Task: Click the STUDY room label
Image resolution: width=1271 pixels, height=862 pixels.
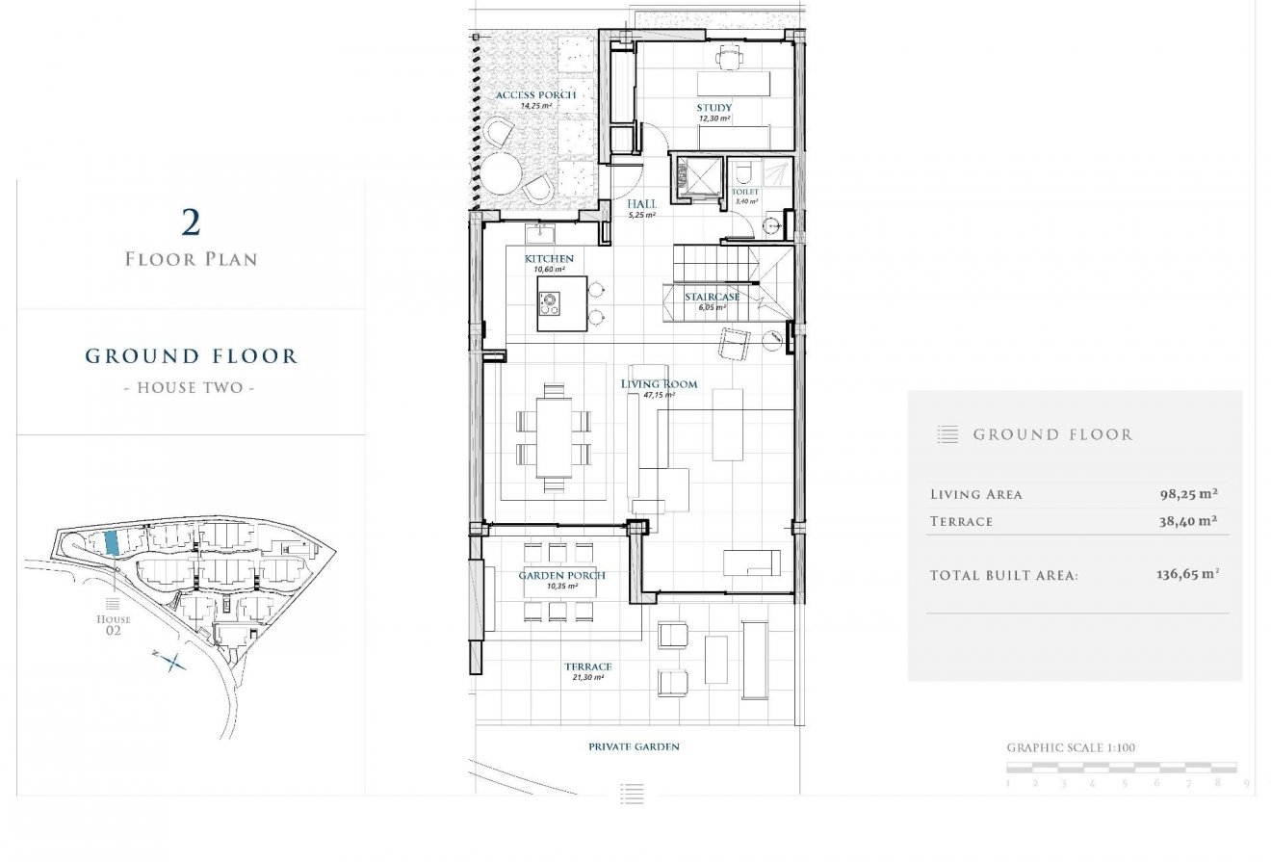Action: [x=714, y=108]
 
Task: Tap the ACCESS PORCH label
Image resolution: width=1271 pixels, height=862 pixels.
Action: [x=535, y=95]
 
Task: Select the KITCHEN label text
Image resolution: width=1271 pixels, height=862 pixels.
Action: [x=549, y=259]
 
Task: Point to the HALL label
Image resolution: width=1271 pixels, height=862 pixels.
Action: [x=641, y=204]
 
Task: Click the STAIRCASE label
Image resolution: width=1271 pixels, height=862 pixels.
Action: [x=713, y=297]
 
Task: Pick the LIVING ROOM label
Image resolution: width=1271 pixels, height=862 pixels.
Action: [x=660, y=384]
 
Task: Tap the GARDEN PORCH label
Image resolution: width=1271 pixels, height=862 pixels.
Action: [x=562, y=576]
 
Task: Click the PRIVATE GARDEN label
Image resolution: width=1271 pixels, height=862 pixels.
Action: [x=634, y=746]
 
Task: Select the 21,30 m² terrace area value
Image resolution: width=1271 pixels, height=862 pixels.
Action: [x=587, y=678]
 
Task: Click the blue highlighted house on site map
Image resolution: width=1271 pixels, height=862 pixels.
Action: [x=112, y=543]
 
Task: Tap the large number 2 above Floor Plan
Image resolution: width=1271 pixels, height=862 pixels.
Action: [x=191, y=222]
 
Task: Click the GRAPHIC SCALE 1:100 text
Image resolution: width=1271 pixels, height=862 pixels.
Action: [x=1071, y=747]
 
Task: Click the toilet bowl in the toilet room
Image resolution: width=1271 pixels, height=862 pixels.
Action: [x=741, y=173]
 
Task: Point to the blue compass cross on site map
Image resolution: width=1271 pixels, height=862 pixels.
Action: [x=173, y=662]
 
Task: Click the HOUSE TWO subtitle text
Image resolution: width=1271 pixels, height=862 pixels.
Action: [x=191, y=388]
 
